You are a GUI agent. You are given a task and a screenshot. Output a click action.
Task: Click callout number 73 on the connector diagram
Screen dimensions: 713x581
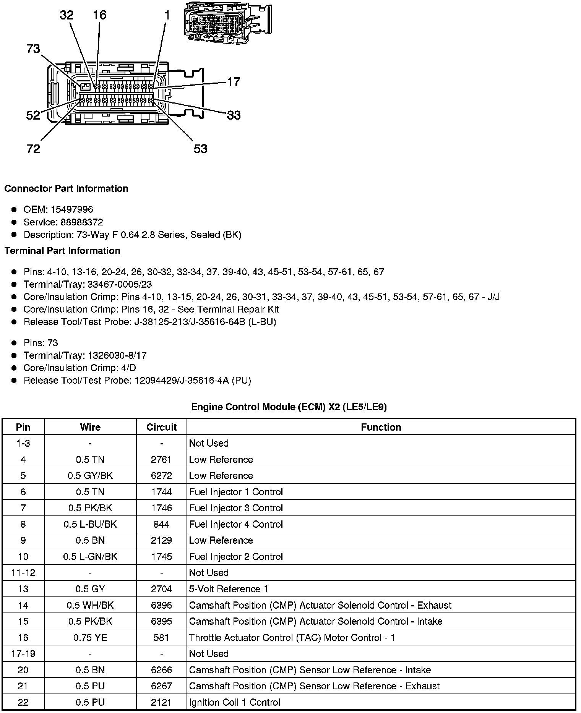click(x=33, y=49)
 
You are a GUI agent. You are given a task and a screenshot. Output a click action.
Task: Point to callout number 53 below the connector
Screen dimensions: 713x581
click(x=200, y=149)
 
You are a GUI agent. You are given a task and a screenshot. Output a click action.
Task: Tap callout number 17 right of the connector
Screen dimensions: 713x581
click(x=234, y=82)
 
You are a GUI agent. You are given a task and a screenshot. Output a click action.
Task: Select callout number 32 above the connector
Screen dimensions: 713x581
click(x=67, y=15)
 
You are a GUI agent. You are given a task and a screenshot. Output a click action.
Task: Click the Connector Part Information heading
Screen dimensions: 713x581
click(x=67, y=189)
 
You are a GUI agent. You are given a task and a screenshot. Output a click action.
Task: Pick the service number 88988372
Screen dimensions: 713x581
click(x=82, y=222)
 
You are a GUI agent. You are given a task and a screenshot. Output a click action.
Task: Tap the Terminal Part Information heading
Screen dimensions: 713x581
click(x=62, y=251)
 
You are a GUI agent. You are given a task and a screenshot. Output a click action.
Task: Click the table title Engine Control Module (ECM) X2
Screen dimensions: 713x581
click(x=289, y=407)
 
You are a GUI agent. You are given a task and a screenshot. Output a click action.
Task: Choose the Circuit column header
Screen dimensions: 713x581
click(x=161, y=427)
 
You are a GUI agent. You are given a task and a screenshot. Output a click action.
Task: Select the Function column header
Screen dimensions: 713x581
click(x=381, y=427)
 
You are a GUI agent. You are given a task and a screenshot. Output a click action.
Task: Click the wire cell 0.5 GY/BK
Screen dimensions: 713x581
click(x=90, y=476)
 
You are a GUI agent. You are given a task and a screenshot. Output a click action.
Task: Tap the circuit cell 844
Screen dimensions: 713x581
click(x=161, y=524)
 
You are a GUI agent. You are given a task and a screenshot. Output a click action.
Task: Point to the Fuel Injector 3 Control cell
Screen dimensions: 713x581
click(x=236, y=508)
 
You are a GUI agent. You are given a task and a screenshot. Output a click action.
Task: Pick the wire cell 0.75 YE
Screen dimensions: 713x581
click(x=90, y=638)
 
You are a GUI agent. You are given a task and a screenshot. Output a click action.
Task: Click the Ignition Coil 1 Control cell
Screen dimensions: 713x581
click(x=235, y=703)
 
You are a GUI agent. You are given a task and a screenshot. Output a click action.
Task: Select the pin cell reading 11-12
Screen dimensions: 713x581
click(x=23, y=573)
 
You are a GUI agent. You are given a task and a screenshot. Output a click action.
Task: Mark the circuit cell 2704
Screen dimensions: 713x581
click(x=161, y=589)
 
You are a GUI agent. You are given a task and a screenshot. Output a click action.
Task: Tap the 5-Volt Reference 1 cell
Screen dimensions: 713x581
click(x=229, y=589)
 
